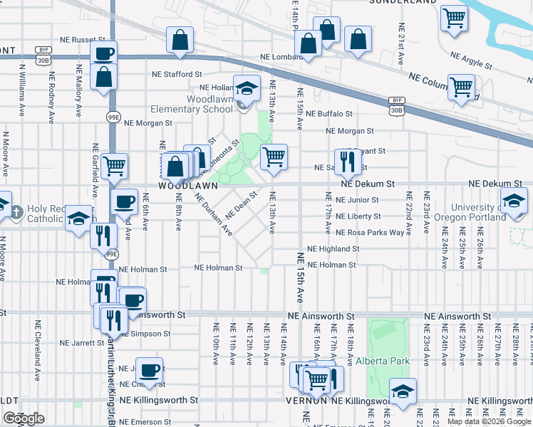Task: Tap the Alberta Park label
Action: [384, 361]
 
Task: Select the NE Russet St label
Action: [83, 41]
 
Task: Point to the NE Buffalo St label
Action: [329, 114]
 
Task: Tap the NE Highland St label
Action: [333, 249]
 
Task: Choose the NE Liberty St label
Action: [358, 216]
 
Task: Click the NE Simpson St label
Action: [146, 333]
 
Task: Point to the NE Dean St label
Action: [241, 204]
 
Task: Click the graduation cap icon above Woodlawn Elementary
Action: [247, 89]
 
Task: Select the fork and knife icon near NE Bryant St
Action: [346, 162]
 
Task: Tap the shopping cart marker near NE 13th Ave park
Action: [274, 157]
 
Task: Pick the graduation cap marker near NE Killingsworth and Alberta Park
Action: [403, 391]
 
